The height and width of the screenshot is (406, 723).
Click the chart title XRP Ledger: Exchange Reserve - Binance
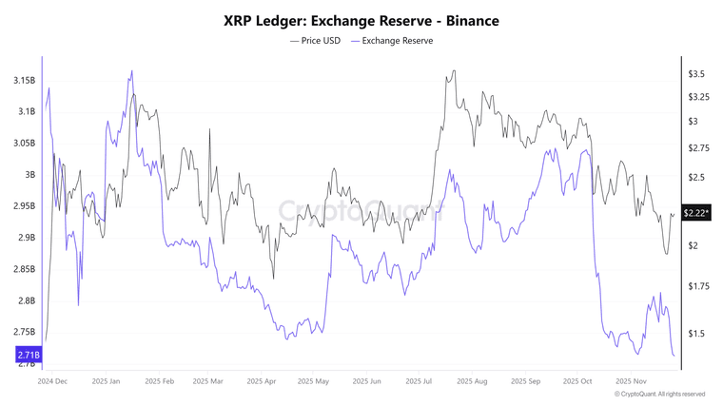361,20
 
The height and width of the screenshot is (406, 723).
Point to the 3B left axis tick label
29,175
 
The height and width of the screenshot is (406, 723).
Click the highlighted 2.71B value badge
29,355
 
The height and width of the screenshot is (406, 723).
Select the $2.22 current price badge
697,214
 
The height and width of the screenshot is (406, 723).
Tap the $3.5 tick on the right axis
696,74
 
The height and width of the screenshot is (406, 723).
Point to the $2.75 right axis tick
699,148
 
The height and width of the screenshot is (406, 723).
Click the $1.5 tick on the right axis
696,334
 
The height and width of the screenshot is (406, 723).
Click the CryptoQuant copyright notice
660,394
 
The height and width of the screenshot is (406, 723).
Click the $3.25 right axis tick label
699,98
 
